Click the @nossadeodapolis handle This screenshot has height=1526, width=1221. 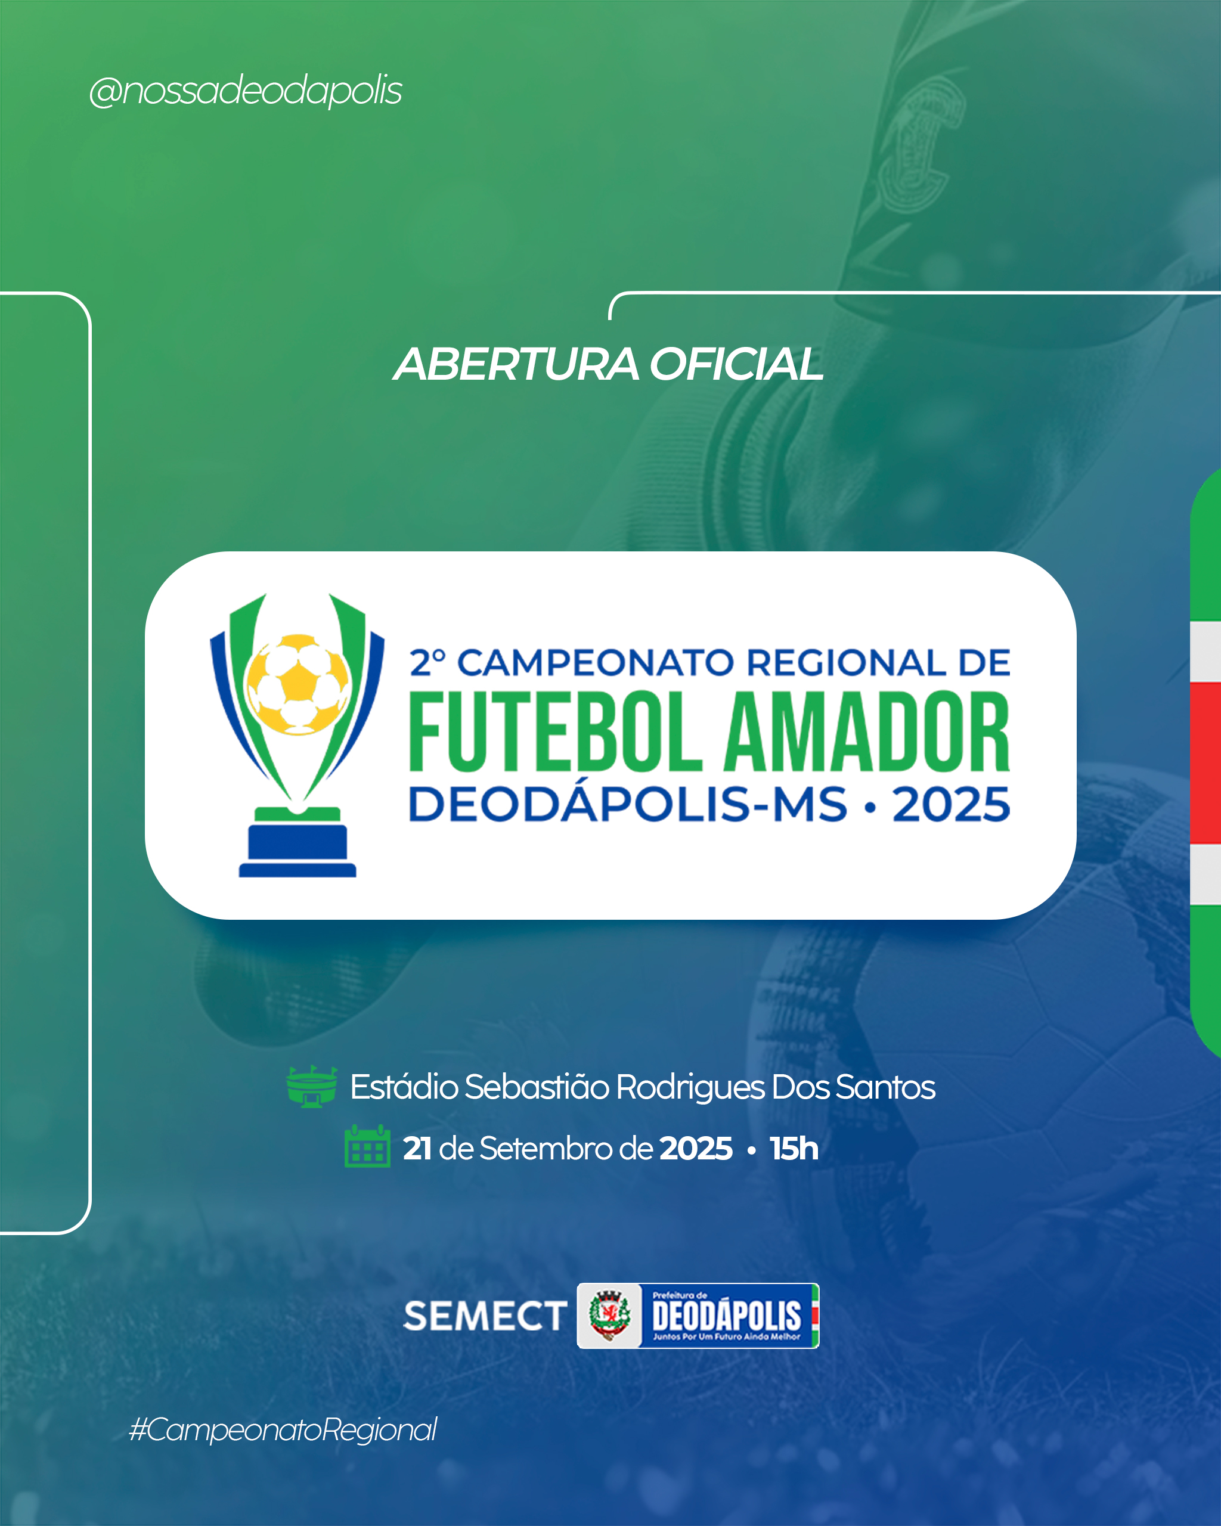point(246,91)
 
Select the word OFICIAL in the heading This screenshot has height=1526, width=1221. point(737,365)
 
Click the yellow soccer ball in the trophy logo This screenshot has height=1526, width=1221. point(297,684)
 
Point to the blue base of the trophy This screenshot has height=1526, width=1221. point(297,850)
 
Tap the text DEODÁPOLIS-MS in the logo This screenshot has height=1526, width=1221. point(628,804)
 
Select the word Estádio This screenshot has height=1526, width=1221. point(404,1087)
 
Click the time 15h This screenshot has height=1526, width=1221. point(794,1148)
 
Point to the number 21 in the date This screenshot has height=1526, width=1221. point(417,1149)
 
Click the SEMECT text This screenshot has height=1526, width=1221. point(485,1316)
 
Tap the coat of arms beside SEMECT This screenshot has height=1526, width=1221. point(609,1316)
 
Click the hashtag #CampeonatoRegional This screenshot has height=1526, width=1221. point(283,1430)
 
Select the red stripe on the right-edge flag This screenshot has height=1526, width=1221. point(1206,763)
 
